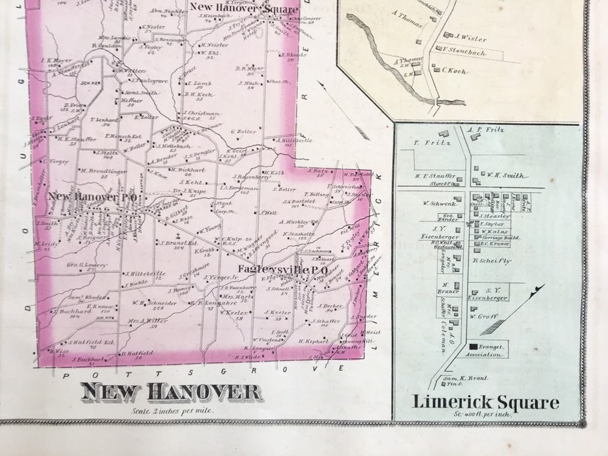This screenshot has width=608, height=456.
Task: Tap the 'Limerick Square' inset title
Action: point(485,402)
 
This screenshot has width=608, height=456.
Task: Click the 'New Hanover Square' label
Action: point(244,9)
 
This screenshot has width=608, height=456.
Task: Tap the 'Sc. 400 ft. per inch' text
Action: point(486,414)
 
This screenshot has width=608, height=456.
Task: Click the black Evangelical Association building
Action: point(473,347)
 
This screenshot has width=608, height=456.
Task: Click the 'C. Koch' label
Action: point(454,71)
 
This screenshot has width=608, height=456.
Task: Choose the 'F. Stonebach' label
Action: point(465,52)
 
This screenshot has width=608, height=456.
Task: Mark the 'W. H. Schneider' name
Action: point(150,302)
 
